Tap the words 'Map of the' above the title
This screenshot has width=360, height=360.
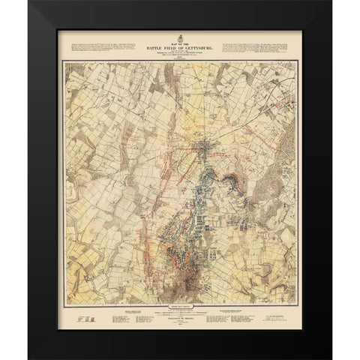pyautogui.click(x=180, y=42)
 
